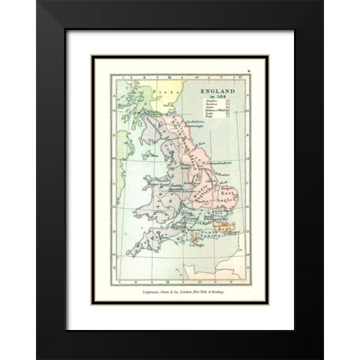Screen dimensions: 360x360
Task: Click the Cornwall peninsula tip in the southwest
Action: click(x=128, y=254)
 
